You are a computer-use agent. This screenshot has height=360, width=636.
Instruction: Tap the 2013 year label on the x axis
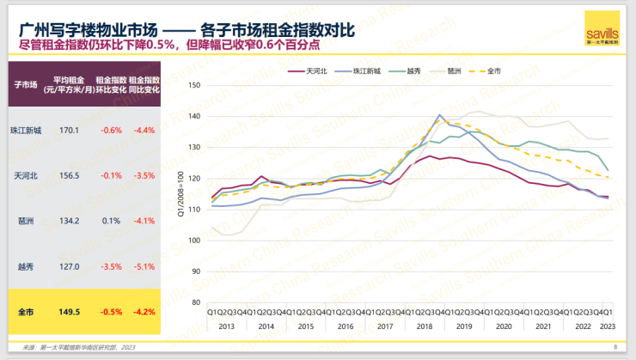(x=226, y=326)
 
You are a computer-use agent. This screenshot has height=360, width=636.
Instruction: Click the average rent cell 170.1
(x=69, y=131)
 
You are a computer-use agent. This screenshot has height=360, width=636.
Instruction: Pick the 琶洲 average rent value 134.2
(x=69, y=221)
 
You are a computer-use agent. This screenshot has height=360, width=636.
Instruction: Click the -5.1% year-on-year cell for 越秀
(x=143, y=266)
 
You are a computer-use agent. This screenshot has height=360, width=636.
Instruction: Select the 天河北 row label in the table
(x=26, y=175)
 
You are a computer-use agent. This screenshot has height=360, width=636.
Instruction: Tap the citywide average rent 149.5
(x=69, y=312)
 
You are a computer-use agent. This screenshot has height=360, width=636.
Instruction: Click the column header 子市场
(x=26, y=83)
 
